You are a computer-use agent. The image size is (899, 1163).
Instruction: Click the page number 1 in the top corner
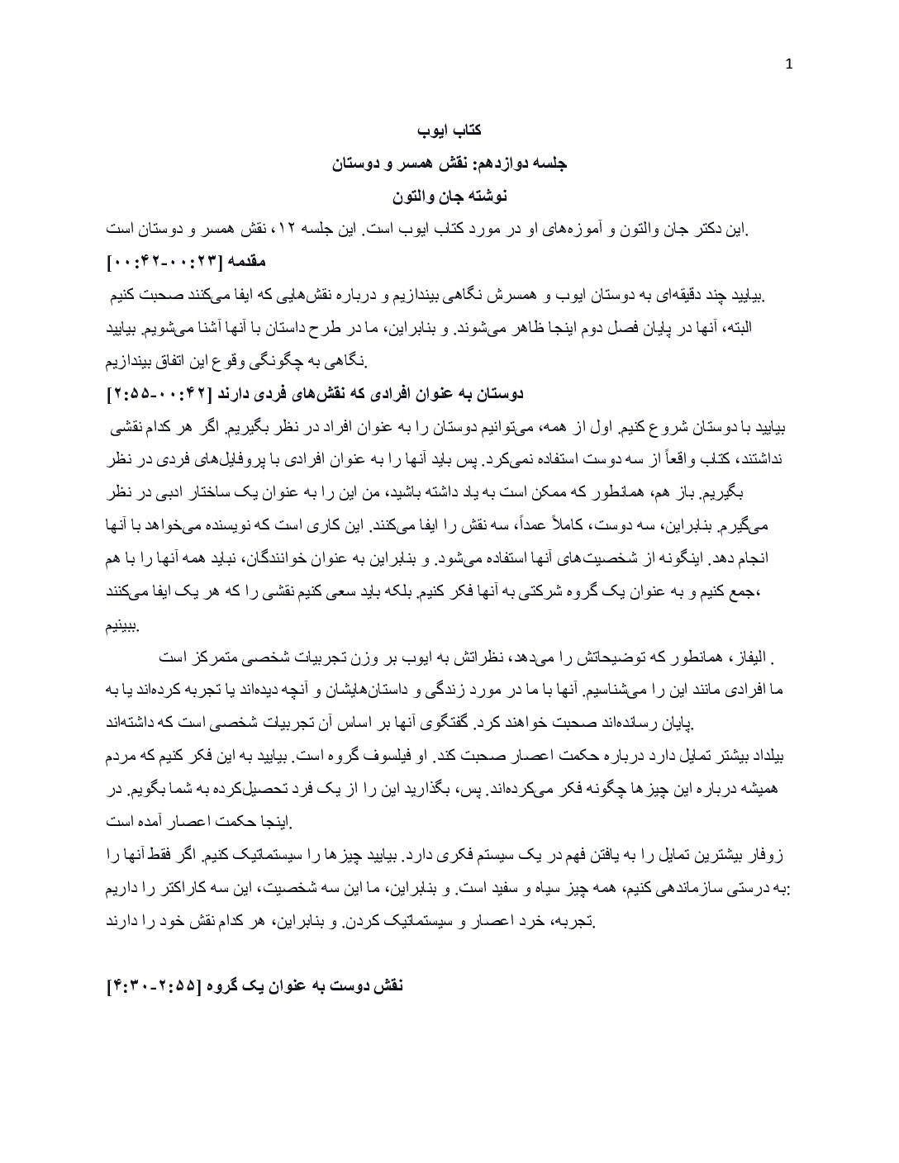point(788,67)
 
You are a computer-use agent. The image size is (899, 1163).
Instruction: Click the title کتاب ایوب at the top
point(449,131)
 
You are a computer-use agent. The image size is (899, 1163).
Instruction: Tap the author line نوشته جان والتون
point(449,197)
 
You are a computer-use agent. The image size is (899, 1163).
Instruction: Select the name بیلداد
point(765,756)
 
